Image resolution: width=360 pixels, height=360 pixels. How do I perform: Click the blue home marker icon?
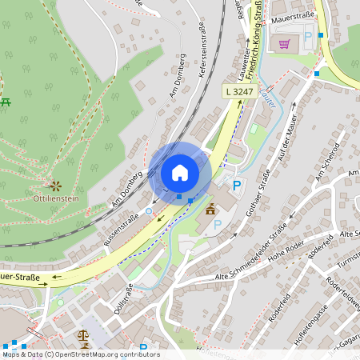(x=180, y=173)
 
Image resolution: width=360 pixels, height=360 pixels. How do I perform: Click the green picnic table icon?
(x=6, y=102)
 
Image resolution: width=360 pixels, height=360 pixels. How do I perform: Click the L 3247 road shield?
(x=239, y=93)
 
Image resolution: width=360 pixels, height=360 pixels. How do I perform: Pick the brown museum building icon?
(x=211, y=210)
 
